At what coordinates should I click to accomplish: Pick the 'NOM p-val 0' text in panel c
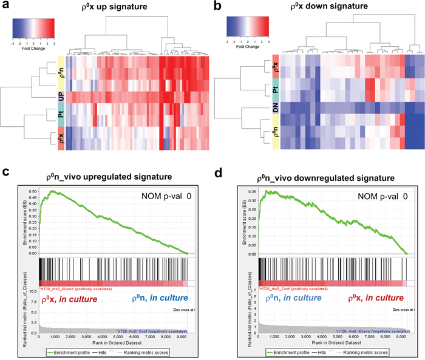pos(158,197)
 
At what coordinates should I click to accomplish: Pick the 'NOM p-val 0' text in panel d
pos(375,197)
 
